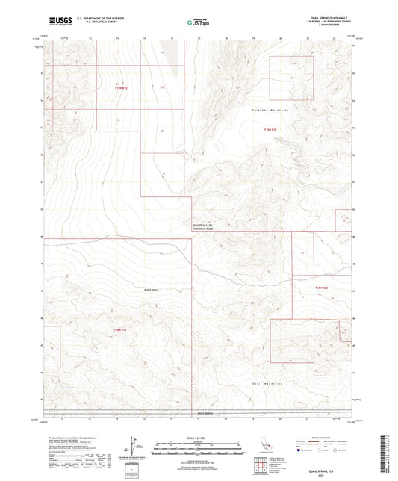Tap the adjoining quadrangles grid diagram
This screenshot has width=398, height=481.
click(261, 466)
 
